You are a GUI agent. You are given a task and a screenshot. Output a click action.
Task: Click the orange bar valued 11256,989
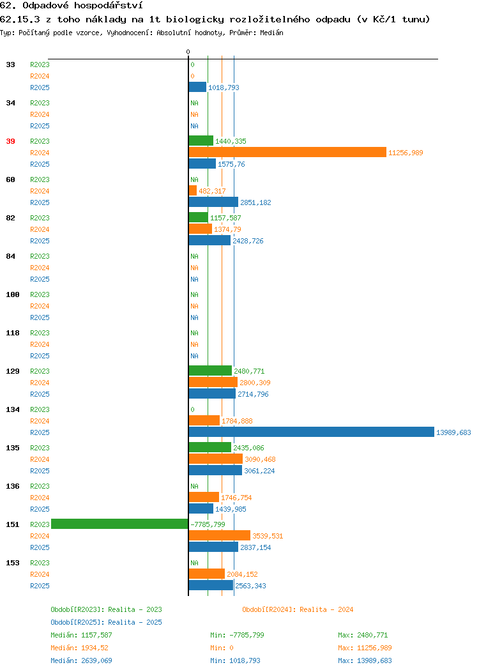[287, 152]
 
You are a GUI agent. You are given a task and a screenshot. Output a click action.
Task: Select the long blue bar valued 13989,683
[312, 432]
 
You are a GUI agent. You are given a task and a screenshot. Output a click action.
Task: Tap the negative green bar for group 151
[119, 524]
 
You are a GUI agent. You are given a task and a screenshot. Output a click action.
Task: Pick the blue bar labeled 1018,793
[197, 87]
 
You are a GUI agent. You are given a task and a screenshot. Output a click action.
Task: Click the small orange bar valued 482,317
[193, 190]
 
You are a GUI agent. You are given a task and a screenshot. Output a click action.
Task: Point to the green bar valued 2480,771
[210, 370]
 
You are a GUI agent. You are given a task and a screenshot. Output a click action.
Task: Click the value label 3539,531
[268, 536]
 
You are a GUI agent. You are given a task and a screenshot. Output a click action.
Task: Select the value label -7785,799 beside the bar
[208, 524]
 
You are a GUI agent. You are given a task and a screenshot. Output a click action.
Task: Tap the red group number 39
[10, 141]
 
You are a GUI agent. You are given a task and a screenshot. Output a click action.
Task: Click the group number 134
[12, 409]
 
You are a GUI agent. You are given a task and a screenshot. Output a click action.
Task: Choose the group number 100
[12, 294]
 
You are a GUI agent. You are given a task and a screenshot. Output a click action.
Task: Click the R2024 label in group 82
[40, 229]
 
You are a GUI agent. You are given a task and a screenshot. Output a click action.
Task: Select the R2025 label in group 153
[40, 585]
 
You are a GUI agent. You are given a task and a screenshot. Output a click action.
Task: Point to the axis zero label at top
[188, 52]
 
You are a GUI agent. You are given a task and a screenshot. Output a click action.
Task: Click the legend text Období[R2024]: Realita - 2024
[298, 609]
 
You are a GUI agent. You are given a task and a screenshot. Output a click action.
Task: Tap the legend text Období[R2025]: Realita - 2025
[106, 622]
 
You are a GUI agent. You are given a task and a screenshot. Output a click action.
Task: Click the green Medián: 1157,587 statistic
[81, 635]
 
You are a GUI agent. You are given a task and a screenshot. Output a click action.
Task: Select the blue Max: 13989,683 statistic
[365, 661]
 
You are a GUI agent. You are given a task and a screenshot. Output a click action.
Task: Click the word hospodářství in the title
[109, 6]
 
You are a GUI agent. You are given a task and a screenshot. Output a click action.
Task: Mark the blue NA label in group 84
[195, 279]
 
